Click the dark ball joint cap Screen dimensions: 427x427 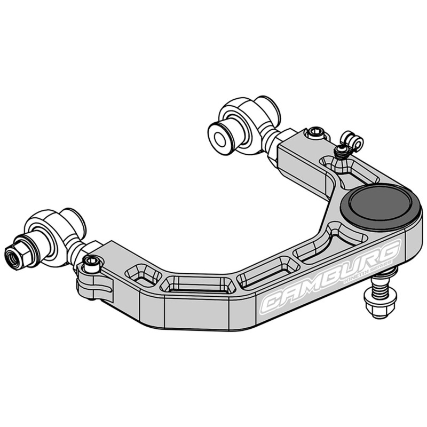click(x=381, y=205)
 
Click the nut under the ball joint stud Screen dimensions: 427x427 click(x=381, y=307)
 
